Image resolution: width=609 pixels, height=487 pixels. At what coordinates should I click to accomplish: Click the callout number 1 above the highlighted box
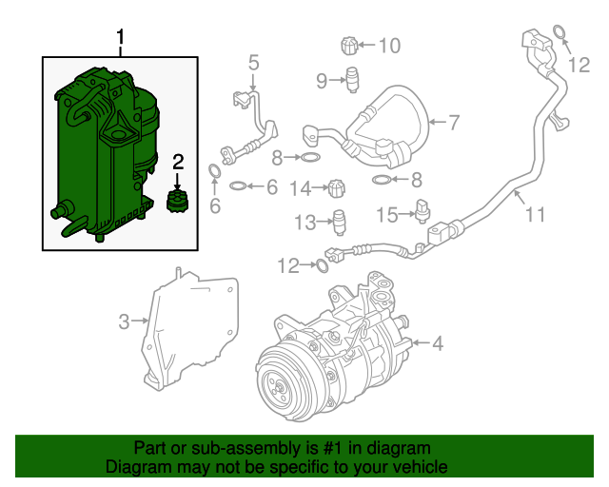click(x=120, y=38)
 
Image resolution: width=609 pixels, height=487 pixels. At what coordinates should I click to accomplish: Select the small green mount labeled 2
click(x=176, y=202)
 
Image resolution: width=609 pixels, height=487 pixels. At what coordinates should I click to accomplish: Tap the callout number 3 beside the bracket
click(x=124, y=322)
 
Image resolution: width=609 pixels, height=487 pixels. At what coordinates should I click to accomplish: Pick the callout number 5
click(x=253, y=64)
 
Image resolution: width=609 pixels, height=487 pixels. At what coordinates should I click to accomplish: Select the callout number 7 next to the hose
click(x=454, y=122)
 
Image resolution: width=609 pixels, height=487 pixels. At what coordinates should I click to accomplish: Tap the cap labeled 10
click(x=349, y=44)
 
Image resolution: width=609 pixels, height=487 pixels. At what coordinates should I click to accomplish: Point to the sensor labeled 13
click(x=340, y=220)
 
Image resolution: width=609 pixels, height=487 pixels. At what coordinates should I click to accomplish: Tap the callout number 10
click(x=390, y=45)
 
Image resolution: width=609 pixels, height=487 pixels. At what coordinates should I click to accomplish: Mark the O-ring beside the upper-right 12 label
click(x=560, y=36)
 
